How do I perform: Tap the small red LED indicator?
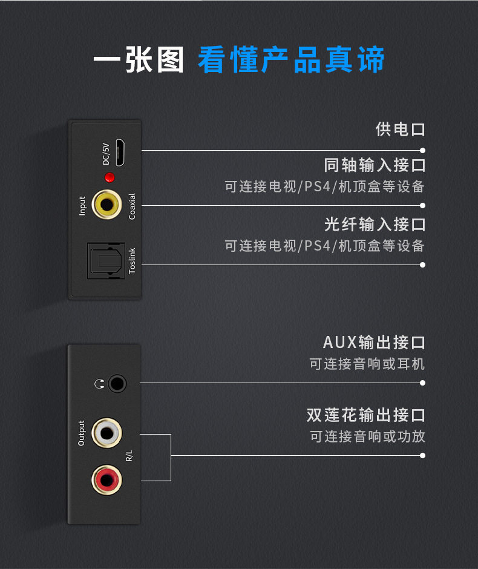110,177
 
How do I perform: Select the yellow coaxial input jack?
107,205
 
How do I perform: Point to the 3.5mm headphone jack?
117,383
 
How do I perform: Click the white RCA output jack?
106,433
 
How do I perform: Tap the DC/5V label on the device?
106,154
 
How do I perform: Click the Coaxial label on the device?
132,206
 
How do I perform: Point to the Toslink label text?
132,260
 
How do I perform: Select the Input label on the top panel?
82,206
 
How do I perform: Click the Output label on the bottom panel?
82,433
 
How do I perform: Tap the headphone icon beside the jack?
99,383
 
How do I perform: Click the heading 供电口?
400,129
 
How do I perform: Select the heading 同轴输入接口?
375,165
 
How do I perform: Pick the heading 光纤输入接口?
375,225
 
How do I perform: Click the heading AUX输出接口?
374,343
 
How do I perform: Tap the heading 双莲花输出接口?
365,415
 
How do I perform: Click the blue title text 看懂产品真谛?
291,61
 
